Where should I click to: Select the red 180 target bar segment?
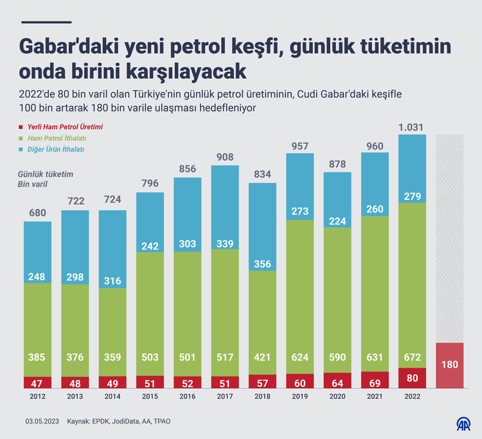[x=450, y=365]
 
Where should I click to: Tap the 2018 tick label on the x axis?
[x=263, y=397]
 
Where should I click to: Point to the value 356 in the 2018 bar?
[x=263, y=264]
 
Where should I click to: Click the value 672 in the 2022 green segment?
[x=412, y=357]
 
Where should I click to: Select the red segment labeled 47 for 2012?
[x=38, y=382]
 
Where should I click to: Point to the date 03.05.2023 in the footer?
[x=42, y=421]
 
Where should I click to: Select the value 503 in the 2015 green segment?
[x=150, y=357]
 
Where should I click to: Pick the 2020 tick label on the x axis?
[x=337, y=397]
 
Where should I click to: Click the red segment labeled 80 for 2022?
[x=412, y=378]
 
